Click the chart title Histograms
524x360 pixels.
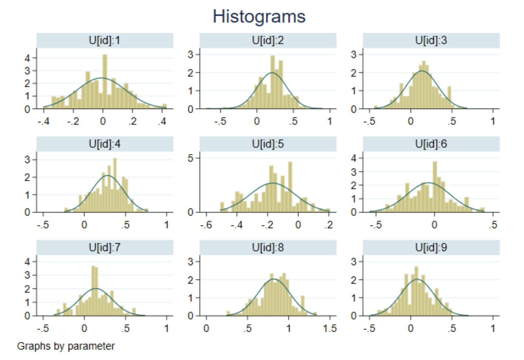[259, 17]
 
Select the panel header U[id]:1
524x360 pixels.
[105, 40]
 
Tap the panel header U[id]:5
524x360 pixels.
[268, 144]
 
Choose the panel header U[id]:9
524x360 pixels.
[431, 248]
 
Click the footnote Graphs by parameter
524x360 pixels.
[66, 346]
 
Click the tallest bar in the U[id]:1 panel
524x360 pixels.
[105, 81]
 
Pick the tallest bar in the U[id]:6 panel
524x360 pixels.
[435, 187]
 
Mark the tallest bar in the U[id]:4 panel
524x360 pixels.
[115, 185]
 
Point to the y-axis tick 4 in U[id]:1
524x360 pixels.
[27, 58]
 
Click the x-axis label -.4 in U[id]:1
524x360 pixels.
[43, 121]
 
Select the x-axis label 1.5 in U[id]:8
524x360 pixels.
[329, 329]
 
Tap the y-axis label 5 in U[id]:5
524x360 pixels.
[191, 158]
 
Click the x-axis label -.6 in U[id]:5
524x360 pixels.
[206, 225]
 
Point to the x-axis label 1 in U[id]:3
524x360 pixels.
[493, 121]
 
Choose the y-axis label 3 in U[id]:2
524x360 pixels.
[191, 55]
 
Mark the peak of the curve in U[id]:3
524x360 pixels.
[421, 71]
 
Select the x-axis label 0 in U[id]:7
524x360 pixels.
[84, 329]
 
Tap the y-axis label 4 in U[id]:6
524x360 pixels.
[354, 158]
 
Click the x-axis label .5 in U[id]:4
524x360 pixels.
[125, 225]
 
